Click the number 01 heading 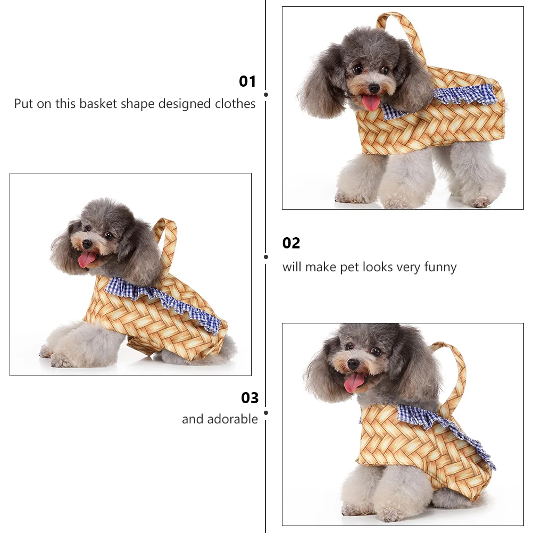point(247,81)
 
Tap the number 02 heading point(291,243)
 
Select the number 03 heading point(249,398)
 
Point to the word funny point(440,267)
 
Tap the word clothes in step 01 point(235,104)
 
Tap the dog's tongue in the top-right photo point(371,102)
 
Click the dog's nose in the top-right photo point(374,87)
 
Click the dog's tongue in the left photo point(86,260)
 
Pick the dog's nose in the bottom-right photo point(353,364)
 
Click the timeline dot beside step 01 point(266,95)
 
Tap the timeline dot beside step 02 point(266,256)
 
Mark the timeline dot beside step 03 point(266,412)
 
